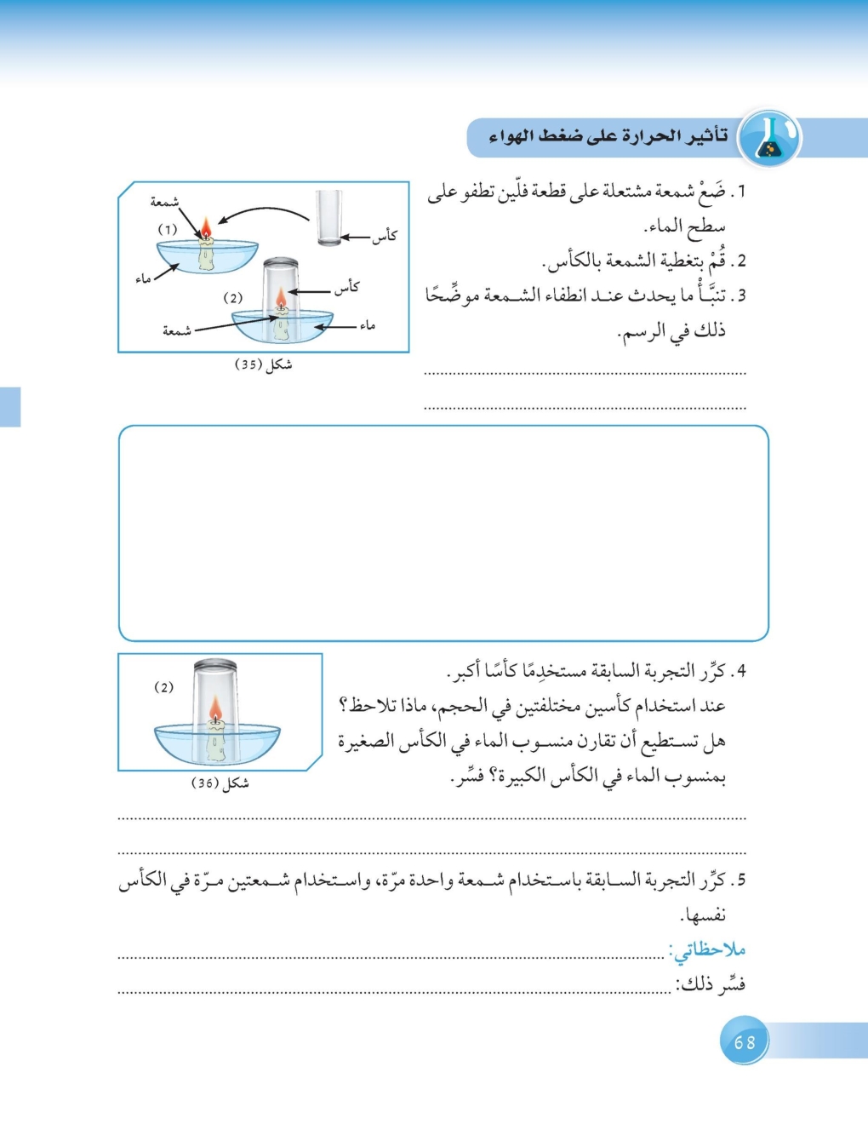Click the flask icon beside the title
[768, 137]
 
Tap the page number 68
[745, 1041]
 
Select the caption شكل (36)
[220, 783]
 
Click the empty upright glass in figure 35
[329, 218]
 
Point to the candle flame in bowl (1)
[205, 227]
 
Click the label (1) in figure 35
[168, 229]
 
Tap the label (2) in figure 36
[163, 687]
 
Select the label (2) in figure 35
[233, 298]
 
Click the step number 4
[741, 671]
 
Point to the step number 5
[741, 880]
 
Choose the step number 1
[741, 192]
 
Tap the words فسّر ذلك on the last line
[711, 985]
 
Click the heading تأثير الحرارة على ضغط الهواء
[608, 136]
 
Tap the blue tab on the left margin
[9, 406]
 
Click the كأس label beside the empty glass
[385, 236]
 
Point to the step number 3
[741, 295]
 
